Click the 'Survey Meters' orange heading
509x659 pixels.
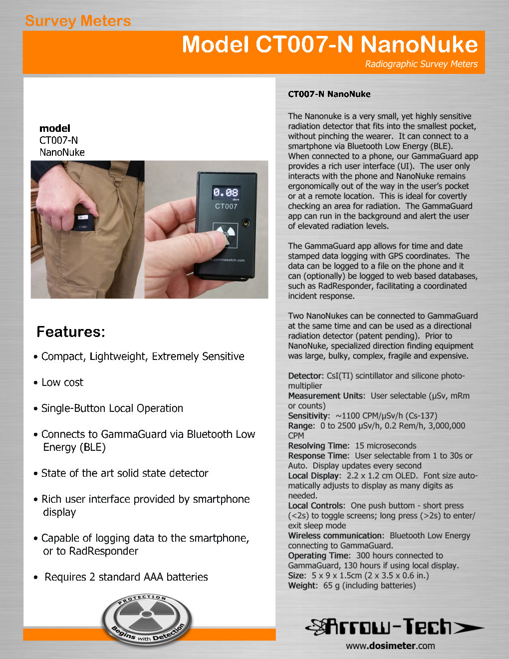[x=78, y=21]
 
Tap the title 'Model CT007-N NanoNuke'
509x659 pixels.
[x=329, y=44]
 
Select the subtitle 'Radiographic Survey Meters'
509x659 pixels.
[x=421, y=64]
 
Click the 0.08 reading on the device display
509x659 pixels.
[x=226, y=192]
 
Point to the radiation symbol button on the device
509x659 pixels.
[x=226, y=233]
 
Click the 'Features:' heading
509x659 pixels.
[x=71, y=332]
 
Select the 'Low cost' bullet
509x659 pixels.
[x=62, y=382]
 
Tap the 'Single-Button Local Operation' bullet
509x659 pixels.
[x=112, y=408]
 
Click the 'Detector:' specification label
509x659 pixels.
[x=306, y=376]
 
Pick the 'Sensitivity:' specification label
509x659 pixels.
[x=309, y=416]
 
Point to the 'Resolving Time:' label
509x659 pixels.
[x=318, y=446]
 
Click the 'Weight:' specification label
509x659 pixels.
[x=302, y=586]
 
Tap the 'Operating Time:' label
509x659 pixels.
[x=319, y=556]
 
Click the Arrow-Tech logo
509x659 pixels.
[x=394, y=627]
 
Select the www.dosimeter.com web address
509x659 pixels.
[x=390, y=646]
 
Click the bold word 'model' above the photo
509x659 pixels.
[x=55, y=128]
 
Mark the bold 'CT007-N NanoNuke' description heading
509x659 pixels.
[x=329, y=94]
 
